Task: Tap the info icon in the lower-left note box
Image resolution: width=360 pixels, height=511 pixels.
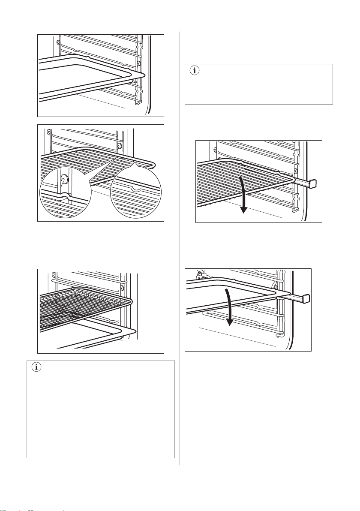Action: coord(36,368)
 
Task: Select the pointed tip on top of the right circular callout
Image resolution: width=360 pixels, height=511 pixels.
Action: coord(134,164)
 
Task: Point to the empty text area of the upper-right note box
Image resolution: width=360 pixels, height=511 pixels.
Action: coord(261,90)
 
